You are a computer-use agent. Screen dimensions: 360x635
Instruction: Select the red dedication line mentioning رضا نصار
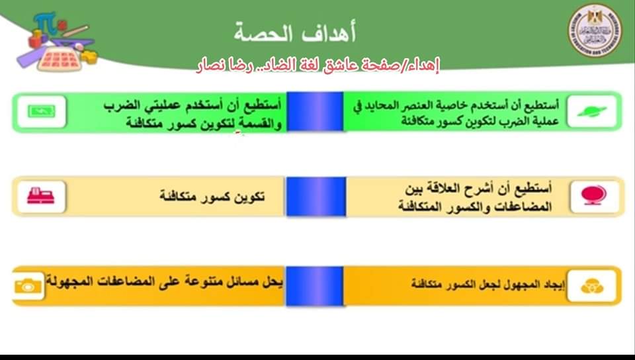[x=319, y=65]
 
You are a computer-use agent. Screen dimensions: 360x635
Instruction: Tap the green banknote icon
[x=42, y=111]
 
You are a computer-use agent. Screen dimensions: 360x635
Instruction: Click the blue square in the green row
[x=314, y=112]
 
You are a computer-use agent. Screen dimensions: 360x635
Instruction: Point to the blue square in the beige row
[x=314, y=196]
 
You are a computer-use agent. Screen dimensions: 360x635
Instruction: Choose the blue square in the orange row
[x=314, y=286]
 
